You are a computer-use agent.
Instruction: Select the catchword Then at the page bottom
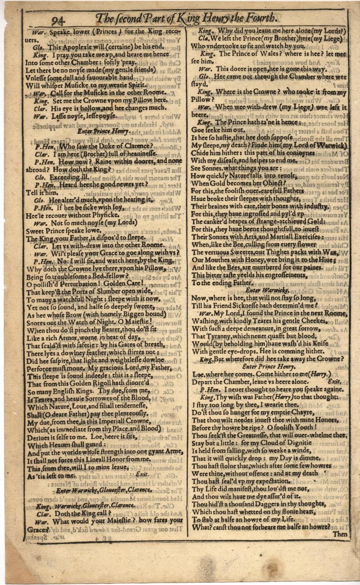(x=341, y=535)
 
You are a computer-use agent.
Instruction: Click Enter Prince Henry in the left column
(x=103, y=132)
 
